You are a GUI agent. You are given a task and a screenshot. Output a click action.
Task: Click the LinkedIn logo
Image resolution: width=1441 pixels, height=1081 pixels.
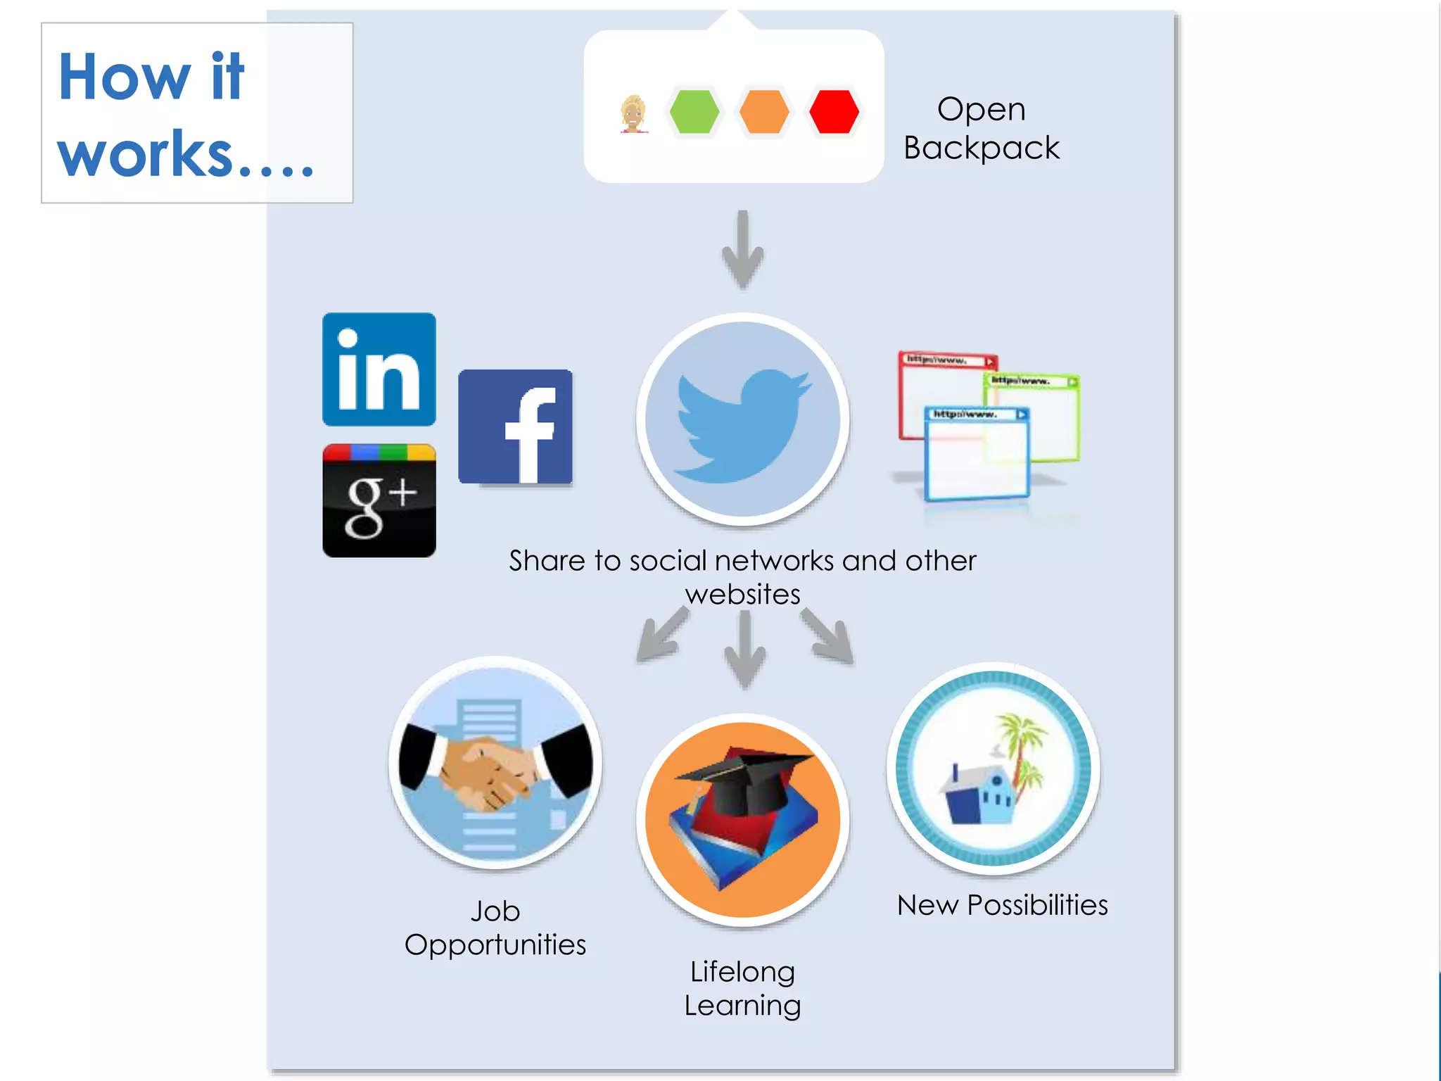379,369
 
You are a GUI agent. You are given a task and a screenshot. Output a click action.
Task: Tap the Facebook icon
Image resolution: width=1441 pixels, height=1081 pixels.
515,427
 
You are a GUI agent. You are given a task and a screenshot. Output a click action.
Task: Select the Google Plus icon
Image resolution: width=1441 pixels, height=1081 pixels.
379,501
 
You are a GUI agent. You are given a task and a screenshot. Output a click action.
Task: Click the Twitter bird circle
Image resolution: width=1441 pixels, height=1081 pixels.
742,419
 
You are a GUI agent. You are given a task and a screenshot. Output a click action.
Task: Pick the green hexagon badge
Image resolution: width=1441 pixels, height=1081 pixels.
694,111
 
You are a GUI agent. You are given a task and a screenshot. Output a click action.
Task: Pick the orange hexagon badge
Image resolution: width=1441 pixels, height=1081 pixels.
764,111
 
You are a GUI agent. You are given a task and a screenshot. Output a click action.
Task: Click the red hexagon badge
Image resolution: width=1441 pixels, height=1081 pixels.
834,111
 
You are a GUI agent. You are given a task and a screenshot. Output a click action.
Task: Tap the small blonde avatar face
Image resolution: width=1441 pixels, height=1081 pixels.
633,113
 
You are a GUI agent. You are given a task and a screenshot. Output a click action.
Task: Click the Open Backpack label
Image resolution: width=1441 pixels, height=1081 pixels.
981,128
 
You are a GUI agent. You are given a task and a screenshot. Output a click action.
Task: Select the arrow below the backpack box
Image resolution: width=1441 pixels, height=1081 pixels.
743,250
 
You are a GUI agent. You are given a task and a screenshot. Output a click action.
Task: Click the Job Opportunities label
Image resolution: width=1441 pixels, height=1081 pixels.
495,928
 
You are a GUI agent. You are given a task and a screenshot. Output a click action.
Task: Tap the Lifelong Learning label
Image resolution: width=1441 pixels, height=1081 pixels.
742,988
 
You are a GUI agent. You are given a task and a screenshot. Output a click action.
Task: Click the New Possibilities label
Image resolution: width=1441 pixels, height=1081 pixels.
1002,905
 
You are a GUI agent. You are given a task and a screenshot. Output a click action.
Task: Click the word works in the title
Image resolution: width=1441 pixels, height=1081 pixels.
145,155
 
